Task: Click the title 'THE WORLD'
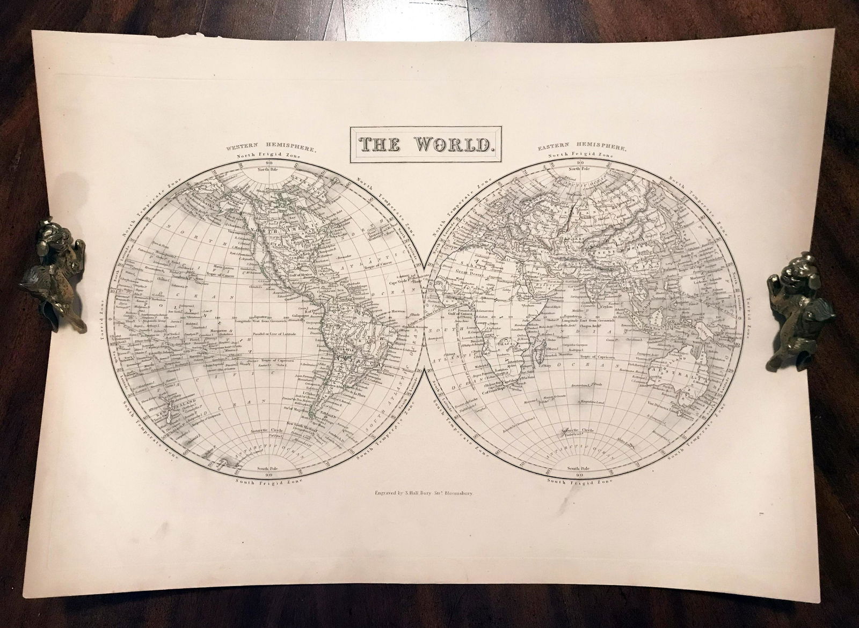426,143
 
